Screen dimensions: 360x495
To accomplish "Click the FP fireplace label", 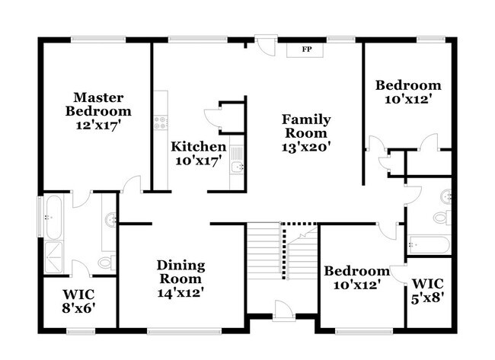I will (307, 50).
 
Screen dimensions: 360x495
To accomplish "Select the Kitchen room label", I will (198, 146).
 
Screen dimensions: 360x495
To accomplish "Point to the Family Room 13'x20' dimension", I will (306, 147).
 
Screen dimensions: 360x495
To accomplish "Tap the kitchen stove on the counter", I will (160, 119).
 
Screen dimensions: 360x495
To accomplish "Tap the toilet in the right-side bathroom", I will (441, 218).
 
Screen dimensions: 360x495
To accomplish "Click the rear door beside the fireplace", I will (266, 45).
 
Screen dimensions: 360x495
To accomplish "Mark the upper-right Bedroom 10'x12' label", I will (408, 92).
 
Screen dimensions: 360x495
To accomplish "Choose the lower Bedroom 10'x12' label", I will (356, 277).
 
